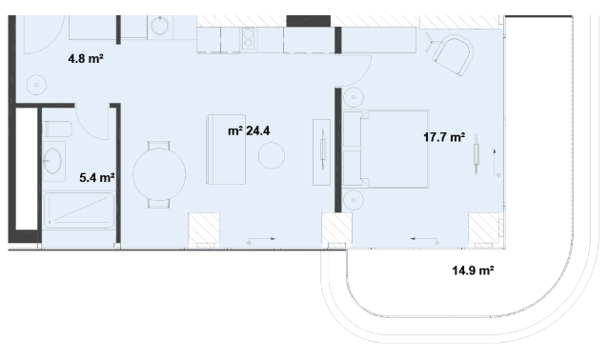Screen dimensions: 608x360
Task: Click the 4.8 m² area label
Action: tap(86, 59)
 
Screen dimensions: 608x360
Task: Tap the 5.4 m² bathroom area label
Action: tap(97, 178)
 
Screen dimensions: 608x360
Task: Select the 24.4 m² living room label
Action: tap(249, 131)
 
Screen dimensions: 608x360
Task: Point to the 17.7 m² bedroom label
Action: tap(444, 137)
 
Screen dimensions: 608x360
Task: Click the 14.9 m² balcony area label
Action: tap(473, 270)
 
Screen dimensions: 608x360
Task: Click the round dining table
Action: tap(159, 174)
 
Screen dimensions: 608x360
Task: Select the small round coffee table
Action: tap(272, 155)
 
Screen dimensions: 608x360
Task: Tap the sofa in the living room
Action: tap(226, 150)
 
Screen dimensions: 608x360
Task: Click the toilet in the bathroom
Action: tap(57, 130)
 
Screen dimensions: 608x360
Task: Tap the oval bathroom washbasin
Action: tap(53, 160)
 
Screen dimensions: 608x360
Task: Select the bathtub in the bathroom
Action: tap(79, 210)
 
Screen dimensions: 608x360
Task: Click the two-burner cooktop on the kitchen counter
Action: tap(248, 39)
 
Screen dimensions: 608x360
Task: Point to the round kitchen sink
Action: tap(160, 27)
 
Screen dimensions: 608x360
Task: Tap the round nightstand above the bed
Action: tap(354, 98)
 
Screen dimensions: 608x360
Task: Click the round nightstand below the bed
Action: tap(354, 200)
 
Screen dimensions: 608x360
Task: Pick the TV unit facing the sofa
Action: tap(322, 152)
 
